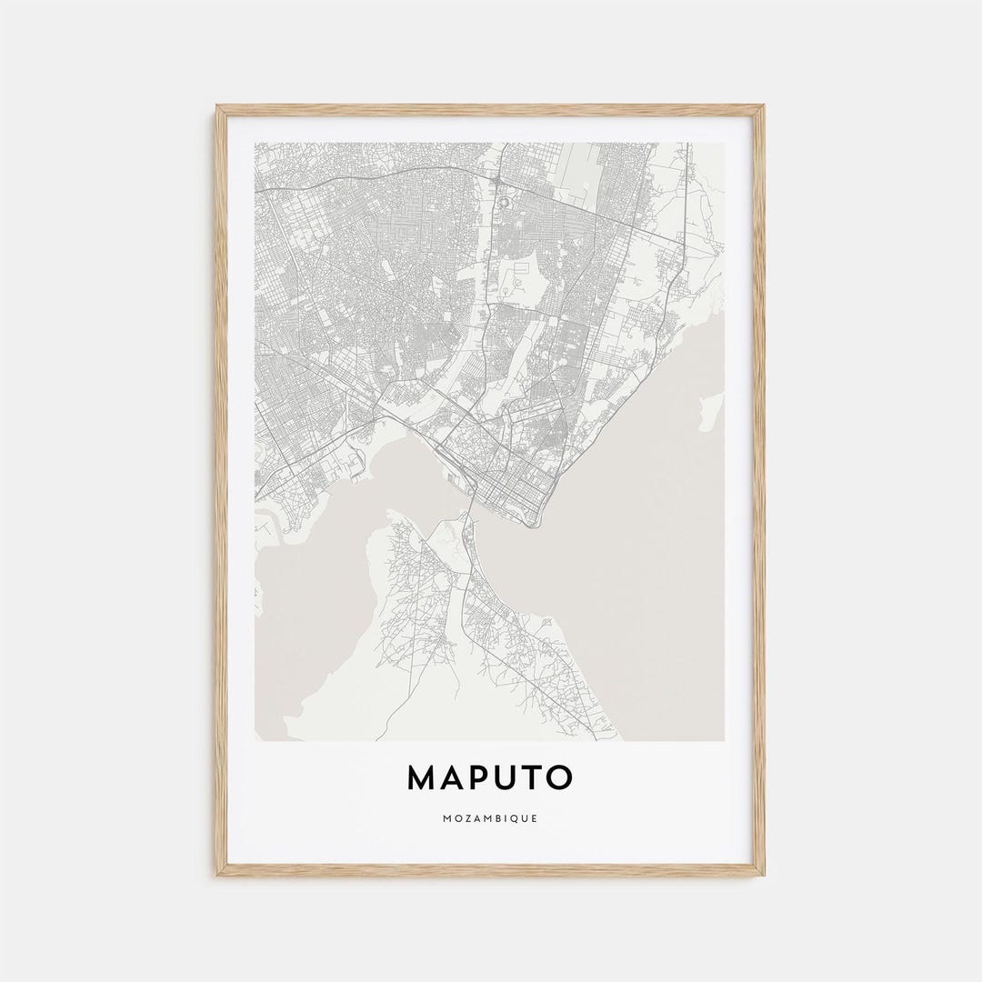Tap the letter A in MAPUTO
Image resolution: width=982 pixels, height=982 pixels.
click(x=454, y=777)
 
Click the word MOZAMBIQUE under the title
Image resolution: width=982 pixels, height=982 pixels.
click(x=491, y=818)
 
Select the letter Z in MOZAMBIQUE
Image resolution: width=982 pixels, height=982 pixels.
click(x=468, y=818)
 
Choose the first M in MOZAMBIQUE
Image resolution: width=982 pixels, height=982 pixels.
click(x=448, y=818)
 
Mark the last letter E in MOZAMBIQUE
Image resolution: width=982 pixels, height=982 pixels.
click(x=535, y=818)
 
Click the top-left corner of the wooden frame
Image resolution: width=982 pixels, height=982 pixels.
click(x=217, y=106)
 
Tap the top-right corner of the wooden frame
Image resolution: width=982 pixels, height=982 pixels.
click(x=764, y=106)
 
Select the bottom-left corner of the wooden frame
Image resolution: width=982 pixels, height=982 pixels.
click(x=217, y=876)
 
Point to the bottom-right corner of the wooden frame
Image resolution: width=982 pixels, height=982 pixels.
click(x=764, y=876)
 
